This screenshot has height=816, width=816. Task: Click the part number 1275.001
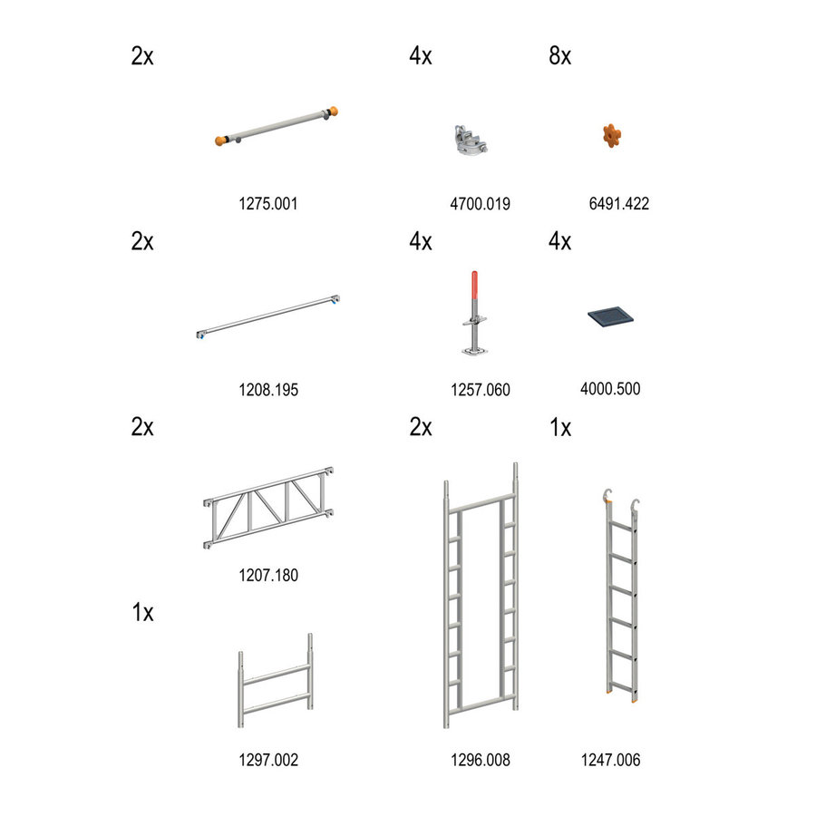267,204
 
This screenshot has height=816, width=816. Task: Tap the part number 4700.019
480,204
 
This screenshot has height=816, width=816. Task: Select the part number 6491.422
618,204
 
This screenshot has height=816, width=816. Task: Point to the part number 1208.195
267,390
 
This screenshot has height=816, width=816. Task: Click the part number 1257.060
480,390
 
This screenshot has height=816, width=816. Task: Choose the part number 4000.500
609,389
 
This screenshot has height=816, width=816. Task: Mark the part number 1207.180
267,575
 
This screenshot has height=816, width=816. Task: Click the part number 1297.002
267,760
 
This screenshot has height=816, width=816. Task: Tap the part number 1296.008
480,760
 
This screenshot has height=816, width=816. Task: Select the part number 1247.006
610,760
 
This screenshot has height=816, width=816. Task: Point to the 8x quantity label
559,56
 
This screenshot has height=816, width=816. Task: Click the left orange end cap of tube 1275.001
220,141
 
